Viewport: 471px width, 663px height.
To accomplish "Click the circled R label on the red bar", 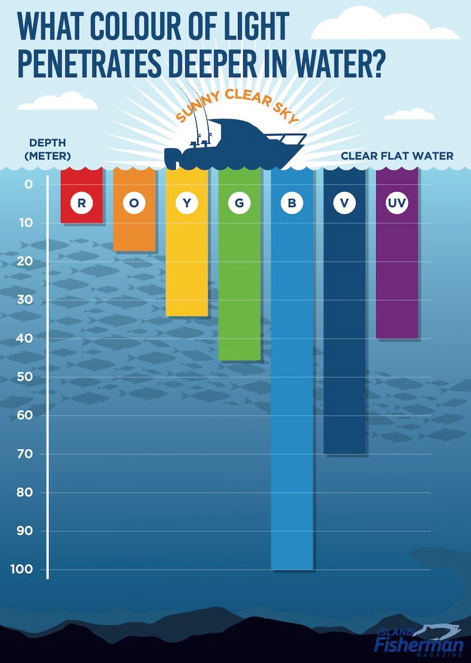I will coord(82,203).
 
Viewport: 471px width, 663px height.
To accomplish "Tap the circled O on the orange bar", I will coord(134,203).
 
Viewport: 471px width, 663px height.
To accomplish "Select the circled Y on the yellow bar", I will coord(187,203).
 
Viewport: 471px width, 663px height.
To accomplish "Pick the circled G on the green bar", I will coord(239,203).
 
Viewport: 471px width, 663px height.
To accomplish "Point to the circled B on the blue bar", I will coord(292,203).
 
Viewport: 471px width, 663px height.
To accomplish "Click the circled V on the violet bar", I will coord(345,203).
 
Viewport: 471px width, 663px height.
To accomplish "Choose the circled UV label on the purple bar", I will coord(397,203).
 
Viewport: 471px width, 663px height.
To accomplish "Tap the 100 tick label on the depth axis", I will coord(23,570).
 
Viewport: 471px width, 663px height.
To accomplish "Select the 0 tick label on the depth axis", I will coord(29,184).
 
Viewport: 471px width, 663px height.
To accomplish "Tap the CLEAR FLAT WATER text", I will coord(397,156).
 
